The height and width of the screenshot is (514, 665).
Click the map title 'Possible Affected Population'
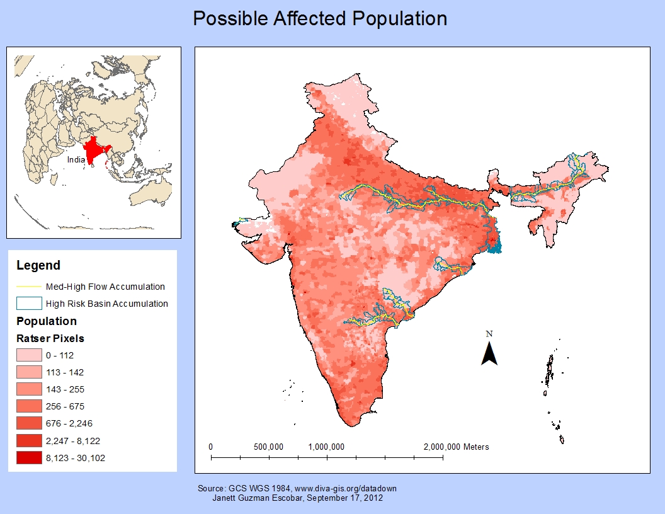(x=320, y=18)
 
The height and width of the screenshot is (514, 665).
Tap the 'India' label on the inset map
(x=76, y=159)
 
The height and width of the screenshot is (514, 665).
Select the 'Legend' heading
(x=38, y=265)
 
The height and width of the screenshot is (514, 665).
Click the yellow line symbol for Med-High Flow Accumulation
(x=29, y=287)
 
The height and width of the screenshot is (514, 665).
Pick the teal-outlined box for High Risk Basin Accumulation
(x=29, y=303)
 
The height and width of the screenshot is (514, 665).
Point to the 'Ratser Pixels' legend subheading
(x=50, y=338)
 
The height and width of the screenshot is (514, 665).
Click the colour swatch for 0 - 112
(x=29, y=355)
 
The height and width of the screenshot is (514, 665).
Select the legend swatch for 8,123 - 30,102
(x=29, y=458)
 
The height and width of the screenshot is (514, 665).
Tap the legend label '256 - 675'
(x=65, y=406)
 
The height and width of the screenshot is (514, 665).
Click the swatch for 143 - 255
(x=29, y=389)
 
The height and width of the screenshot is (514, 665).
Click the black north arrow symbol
(x=489, y=354)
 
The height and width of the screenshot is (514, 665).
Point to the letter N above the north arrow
(x=489, y=334)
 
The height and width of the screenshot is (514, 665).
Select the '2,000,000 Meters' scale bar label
(x=456, y=447)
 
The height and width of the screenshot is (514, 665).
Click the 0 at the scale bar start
(x=210, y=447)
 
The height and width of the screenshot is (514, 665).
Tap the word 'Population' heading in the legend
(x=46, y=321)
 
